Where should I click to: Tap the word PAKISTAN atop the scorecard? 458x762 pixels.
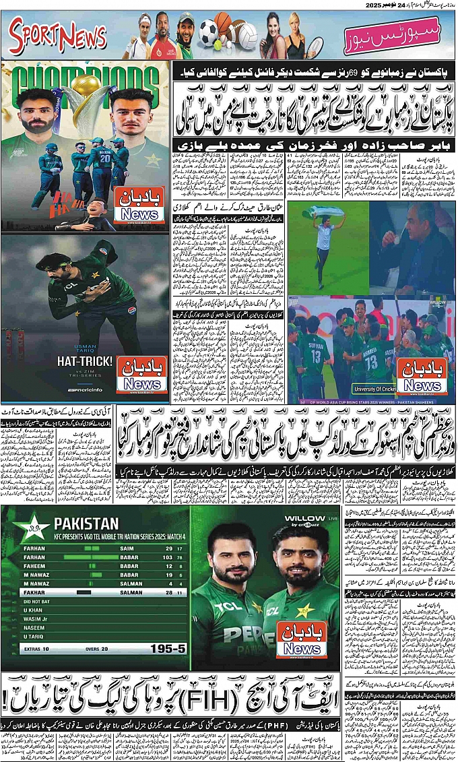point(86,523)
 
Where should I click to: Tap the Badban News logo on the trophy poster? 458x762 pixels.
point(141,205)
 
